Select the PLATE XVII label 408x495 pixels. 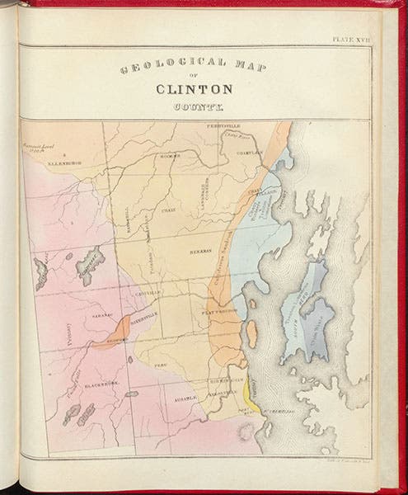tap(352, 39)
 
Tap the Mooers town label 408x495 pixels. tap(170, 156)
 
